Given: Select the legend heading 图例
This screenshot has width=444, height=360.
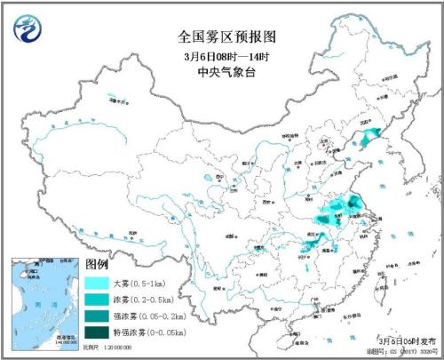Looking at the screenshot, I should [x=96, y=265].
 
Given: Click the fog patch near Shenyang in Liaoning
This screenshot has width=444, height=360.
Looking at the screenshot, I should [x=366, y=135].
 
